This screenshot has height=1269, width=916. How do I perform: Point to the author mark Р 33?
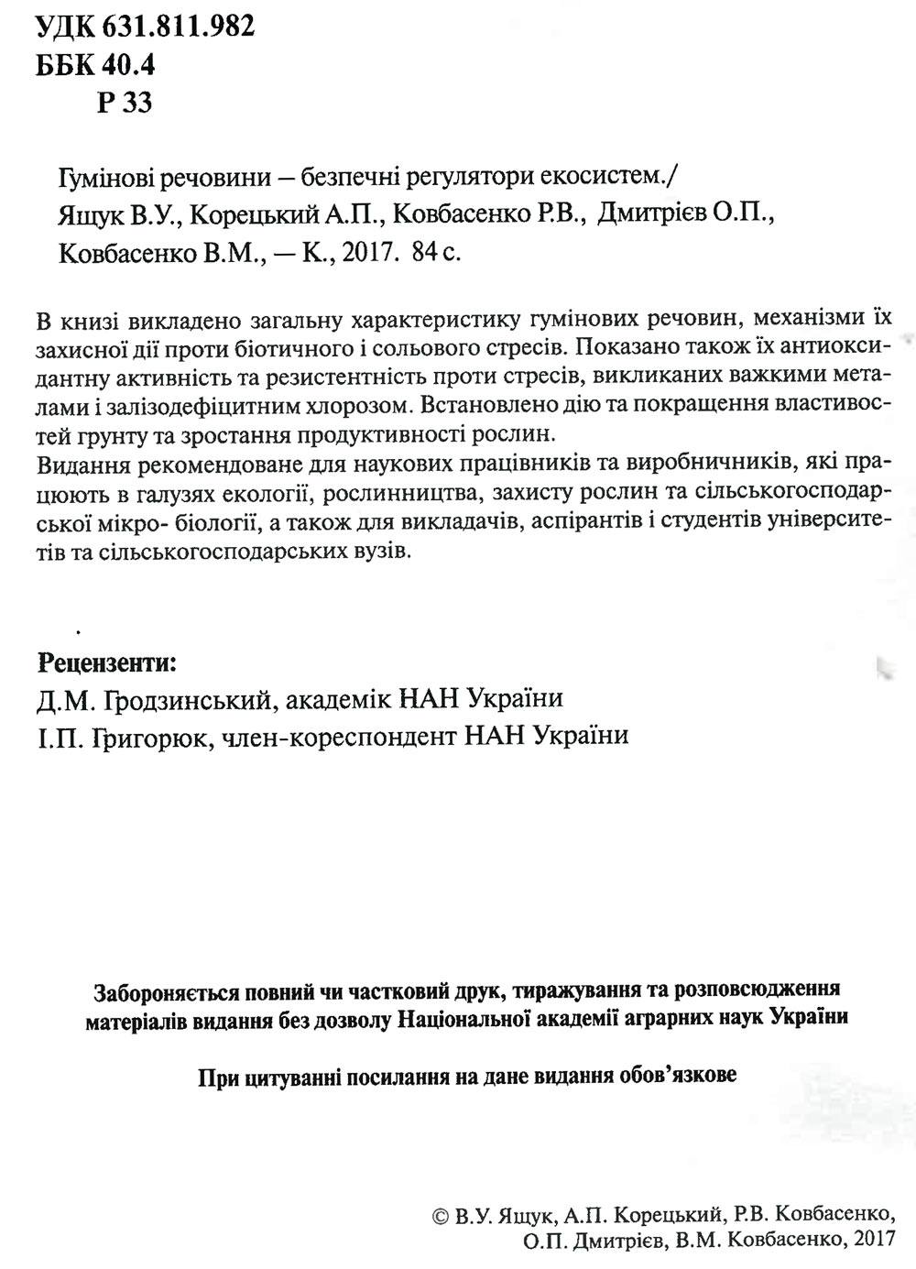[124, 103]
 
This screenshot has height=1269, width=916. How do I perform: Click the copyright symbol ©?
[439, 1217]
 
